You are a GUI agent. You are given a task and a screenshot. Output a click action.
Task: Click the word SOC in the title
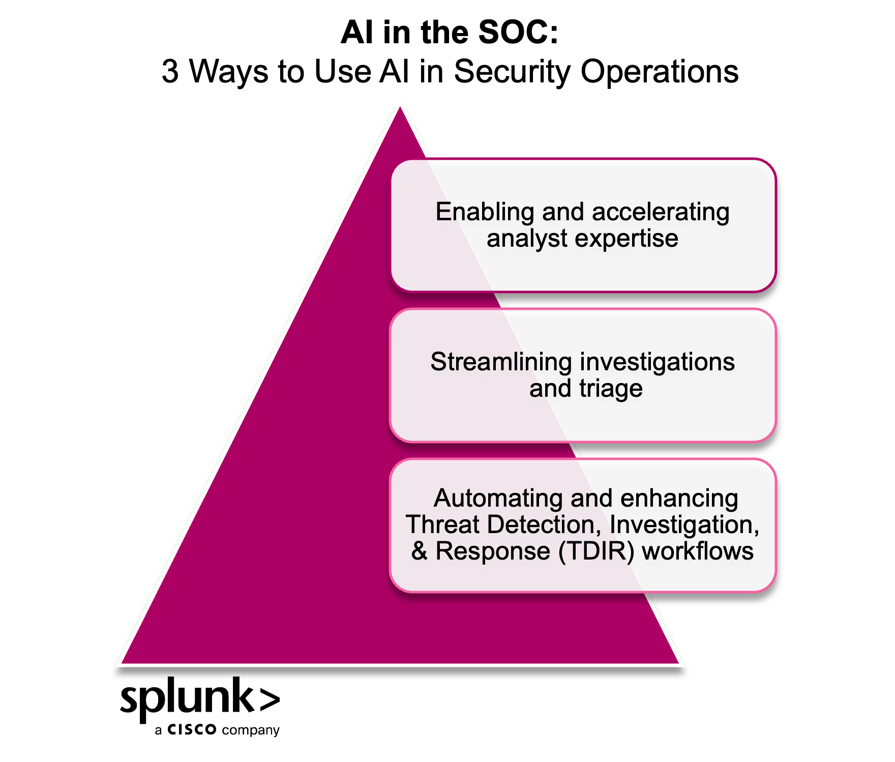tap(519, 32)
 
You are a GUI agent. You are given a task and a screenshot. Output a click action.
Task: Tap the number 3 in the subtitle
tap(170, 71)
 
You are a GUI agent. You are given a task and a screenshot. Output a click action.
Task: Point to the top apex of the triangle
tap(400, 106)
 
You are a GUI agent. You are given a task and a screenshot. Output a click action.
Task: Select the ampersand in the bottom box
tap(420, 551)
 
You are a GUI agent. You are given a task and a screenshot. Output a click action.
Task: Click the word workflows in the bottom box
tap(698, 551)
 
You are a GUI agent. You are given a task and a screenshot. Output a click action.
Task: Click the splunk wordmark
tap(187, 698)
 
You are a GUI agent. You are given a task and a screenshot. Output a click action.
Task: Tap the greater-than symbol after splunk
tap(270, 699)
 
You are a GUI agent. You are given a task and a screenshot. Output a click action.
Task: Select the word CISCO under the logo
tap(192, 730)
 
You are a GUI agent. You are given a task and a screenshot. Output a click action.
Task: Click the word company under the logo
tap(251, 731)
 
